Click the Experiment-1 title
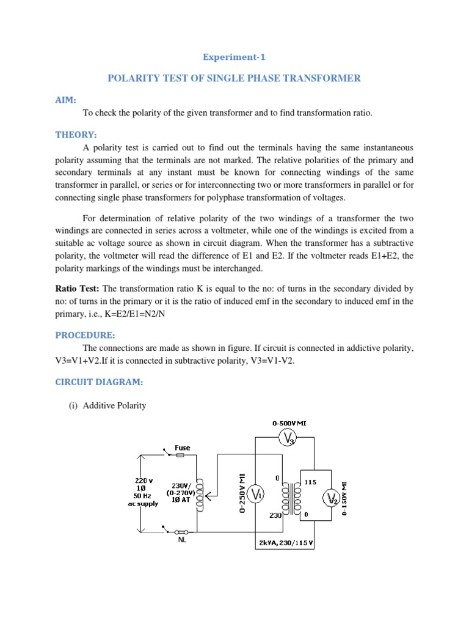pyautogui.click(x=234, y=57)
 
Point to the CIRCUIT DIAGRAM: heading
pyautogui.click(x=100, y=382)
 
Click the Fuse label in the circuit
pyautogui.click(x=182, y=447)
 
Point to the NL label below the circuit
pyautogui.click(x=182, y=540)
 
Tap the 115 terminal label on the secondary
pyautogui.click(x=310, y=482)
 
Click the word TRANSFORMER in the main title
pyautogui.click(x=322, y=78)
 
